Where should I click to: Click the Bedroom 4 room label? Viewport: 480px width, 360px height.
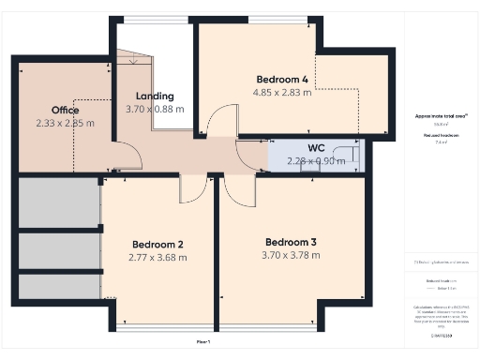tap(285, 80)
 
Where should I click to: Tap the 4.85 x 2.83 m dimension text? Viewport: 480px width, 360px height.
tap(285, 93)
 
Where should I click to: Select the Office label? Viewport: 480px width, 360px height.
tap(66, 110)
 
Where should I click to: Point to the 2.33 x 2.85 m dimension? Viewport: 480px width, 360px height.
tap(66, 123)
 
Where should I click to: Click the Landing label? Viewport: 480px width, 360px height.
tap(155, 96)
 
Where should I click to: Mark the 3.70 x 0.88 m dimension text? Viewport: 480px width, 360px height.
tap(155, 109)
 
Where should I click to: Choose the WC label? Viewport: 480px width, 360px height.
tap(316, 147)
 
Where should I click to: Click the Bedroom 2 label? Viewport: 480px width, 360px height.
tap(157, 244)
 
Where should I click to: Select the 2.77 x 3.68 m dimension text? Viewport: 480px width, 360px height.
tap(157, 257)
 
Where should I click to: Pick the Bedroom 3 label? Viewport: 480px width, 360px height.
tap(291, 241)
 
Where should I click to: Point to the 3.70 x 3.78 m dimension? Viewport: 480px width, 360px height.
tap(291, 254)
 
